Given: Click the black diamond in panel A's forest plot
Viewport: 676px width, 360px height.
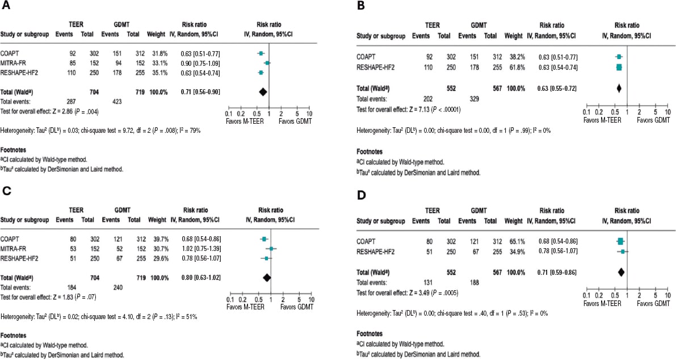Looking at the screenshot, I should (x=262, y=91).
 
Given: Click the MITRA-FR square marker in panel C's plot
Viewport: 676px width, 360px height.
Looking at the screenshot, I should (x=272, y=249).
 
